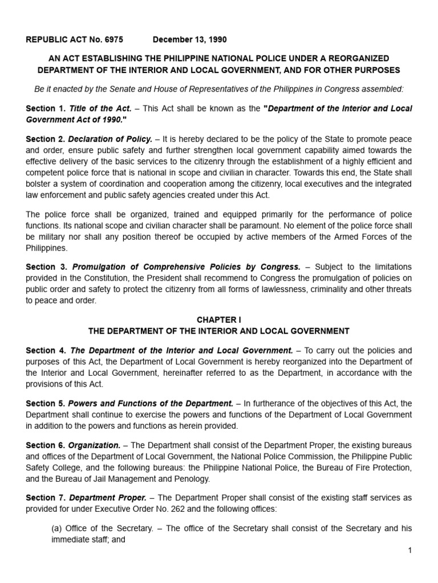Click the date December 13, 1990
pyautogui.click(x=189, y=40)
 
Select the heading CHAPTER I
pyautogui.click(x=218, y=320)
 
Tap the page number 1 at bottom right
pyautogui.click(x=410, y=551)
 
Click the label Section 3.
pyautogui.click(x=46, y=266)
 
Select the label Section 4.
pyautogui.click(x=46, y=351)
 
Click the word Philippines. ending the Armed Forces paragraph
pyautogui.click(x=46, y=249)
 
